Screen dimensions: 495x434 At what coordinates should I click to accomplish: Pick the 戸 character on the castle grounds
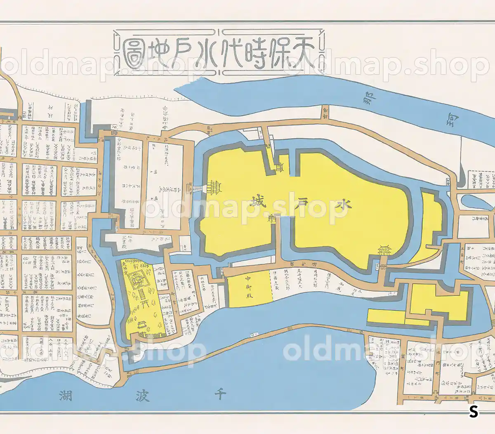pos(302,202)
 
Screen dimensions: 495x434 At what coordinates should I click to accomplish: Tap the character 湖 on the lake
pos(66,396)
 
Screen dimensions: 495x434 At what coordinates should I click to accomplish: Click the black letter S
pos(474,411)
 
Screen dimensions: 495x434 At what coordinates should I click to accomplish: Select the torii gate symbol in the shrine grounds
pos(145,304)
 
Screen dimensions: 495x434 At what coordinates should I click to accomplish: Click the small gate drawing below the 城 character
pos(273,219)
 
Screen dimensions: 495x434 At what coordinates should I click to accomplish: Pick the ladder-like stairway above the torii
pos(142,294)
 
